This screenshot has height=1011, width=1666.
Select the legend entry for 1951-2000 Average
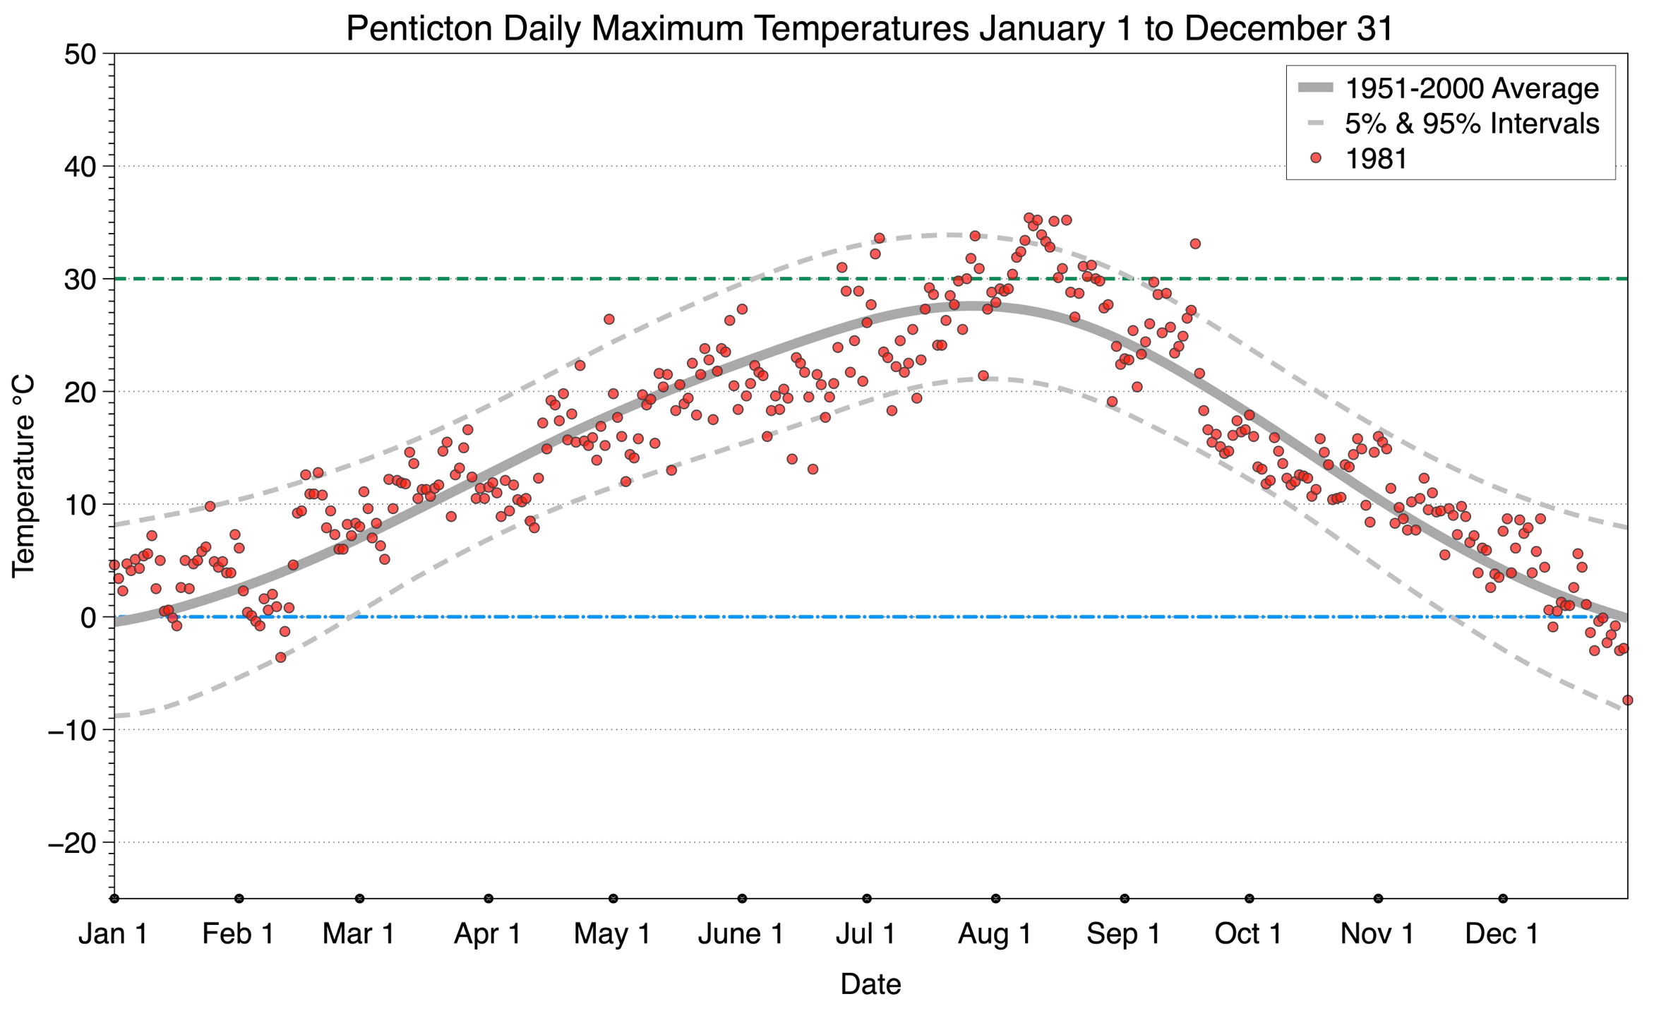(x=1449, y=88)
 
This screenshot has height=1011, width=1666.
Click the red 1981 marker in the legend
(x=1315, y=158)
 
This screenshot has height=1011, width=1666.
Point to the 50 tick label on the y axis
(x=80, y=54)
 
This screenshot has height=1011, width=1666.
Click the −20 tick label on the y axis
(x=72, y=842)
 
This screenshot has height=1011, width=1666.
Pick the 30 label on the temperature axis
(x=80, y=280)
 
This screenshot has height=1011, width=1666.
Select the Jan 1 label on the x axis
(x=113, y=933)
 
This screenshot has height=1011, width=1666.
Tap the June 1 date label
(x=741, y=933)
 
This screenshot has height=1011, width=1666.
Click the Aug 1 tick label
(x=995, y=933)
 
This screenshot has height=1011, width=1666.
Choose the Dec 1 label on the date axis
(x=1502, y=933)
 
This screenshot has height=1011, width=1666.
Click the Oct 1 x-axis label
(x=1248, y=933)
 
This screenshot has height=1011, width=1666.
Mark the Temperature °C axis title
(x=23, y=477)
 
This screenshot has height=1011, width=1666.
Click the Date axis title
(x=870, y=984)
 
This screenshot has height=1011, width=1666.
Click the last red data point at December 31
(x=1627, y=700)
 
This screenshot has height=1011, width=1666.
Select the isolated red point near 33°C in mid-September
(x=1195, y=244)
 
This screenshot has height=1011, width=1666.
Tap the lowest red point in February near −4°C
(x=280, y=657)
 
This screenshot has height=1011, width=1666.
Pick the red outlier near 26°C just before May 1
(x=609, y=319)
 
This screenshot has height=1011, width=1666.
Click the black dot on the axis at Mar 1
(x=359, y=899)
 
